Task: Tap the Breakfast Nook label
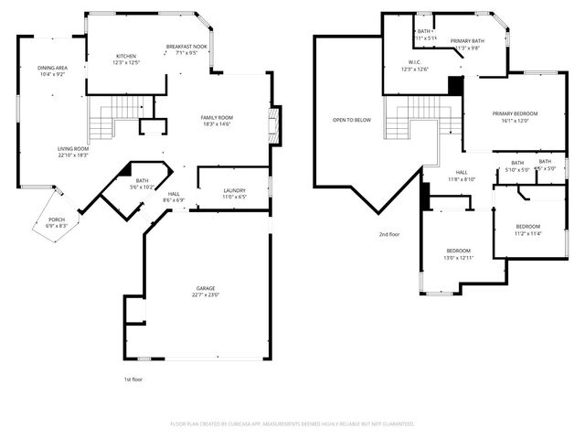pyautogui.click(x=186, y=46)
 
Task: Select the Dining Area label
pyautogui.click(x=51, y=68)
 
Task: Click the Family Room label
pyautogui.click(x=218, y=117)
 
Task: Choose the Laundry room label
pyautogui.click(x=235, y=190)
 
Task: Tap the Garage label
pyautogui.click(x=205, y=288)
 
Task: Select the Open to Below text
pyautogui.click(x=351, y=120)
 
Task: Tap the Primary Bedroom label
pyautogui.click(x=515, y=113)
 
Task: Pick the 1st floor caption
pyautogui.click(x=133, y=379)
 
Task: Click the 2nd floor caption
pyautogui.click(x=389, y=234)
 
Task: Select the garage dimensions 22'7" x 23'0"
pyautogui.click(x=205, y=294)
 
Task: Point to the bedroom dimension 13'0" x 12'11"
pyautogui.click(x=458, y=257)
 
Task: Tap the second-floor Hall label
pyautogui.click(x=462, y=173)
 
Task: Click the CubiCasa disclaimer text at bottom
pyautogui.click(x=292, y=424)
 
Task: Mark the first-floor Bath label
pyautogui.click(x=142, y=180)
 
